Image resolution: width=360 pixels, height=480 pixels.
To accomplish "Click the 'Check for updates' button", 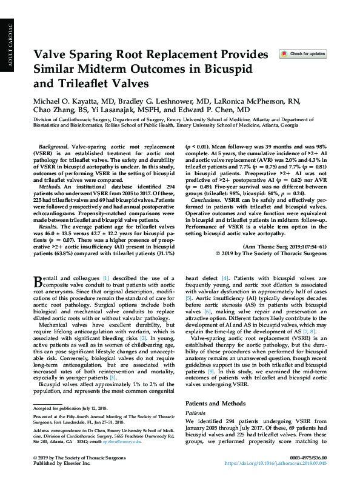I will [x=302, y=54].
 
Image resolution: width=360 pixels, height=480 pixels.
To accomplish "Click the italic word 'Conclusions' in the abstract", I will [x=206, y=199].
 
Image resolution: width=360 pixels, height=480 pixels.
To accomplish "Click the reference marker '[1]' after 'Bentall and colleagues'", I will [x=105, y=277].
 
